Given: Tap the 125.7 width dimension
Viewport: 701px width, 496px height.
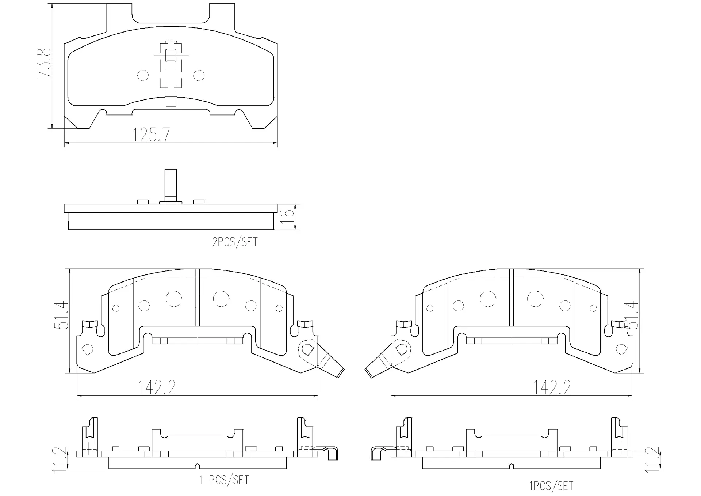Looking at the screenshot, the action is pos(151,135).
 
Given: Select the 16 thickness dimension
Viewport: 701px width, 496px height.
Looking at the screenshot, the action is pos(288,217).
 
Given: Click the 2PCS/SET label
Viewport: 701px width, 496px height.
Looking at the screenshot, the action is pos(235,242).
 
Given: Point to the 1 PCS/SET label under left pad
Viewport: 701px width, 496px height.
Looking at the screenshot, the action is pos(224,480).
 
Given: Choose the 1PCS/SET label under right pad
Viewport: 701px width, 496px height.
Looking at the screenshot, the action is pos(551,486).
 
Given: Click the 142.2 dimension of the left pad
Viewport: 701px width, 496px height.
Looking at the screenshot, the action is pos(156,387).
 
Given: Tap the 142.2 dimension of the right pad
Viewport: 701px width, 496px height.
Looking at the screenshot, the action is pos(552,387).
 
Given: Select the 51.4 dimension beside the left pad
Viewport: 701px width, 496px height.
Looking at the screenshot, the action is pos(61,315).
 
